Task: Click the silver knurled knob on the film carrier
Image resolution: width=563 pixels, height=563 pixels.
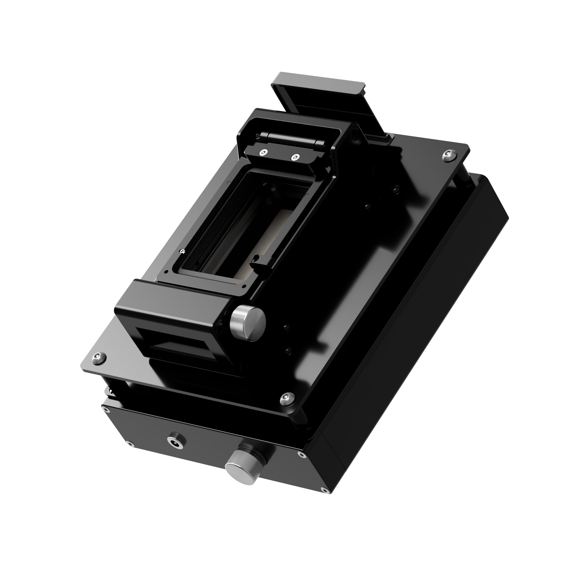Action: (248, 323)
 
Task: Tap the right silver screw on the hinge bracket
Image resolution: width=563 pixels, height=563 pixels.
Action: (296, 157)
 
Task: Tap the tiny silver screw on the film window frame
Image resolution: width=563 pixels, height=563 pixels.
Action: (182, 251)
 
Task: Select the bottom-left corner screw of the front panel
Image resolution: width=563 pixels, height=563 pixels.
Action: (129, 452)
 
